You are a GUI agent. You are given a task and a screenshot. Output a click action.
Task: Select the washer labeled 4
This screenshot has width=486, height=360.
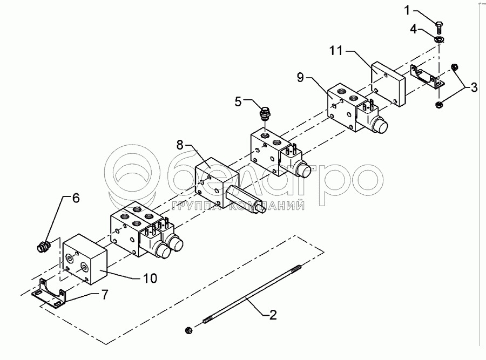coord(438,39)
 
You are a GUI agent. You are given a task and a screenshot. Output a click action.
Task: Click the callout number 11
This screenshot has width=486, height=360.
coord(336,50)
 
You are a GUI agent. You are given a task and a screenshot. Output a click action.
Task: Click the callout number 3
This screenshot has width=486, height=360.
coord(474,87)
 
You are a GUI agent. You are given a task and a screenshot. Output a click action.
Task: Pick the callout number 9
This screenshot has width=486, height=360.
coord(300,77)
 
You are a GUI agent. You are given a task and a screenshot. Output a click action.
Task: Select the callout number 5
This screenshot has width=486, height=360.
coord(238,101)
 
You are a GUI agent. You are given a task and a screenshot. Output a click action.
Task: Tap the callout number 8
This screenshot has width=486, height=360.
coord(180,145)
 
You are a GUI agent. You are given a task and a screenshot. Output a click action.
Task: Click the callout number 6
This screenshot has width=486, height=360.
coord(76,198)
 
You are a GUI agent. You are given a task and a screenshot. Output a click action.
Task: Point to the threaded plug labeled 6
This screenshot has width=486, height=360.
coord(43,246)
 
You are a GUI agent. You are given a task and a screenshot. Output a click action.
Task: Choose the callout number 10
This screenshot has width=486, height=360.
coord(150,278)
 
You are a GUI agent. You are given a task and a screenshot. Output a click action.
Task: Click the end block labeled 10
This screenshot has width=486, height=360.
coord(85,259)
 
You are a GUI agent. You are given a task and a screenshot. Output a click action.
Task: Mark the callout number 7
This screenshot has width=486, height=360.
coord(105,294)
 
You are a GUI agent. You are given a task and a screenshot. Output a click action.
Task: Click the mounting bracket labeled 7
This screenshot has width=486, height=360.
coord(50,294)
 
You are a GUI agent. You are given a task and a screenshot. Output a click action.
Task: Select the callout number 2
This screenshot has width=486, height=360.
coord(273,315)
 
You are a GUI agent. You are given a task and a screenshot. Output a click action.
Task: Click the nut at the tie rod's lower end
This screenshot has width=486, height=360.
coord(188,330)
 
